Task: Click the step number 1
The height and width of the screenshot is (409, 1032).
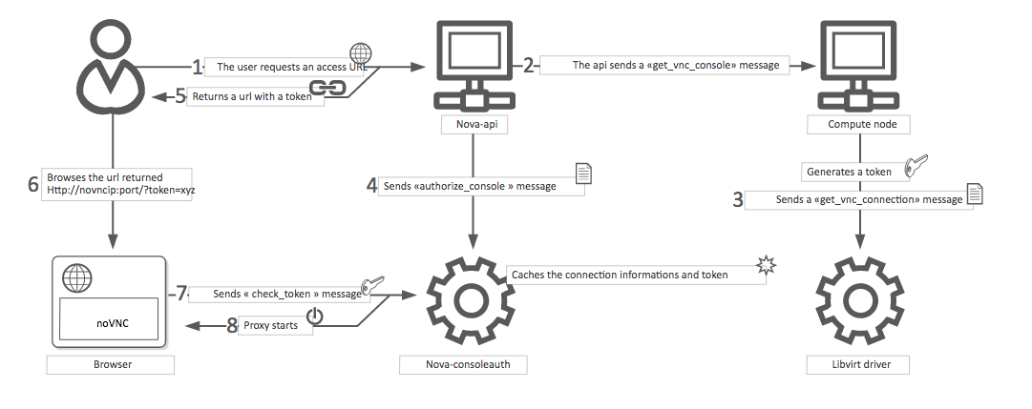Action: [198, 67]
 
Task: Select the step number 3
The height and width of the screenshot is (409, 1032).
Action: [736, 199]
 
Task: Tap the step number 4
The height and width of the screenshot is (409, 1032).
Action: [371, 186]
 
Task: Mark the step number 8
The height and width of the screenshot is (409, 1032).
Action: [230, 325]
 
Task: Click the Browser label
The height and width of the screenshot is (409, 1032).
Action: [110, 364]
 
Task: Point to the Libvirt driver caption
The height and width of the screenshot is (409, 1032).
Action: [862, 364]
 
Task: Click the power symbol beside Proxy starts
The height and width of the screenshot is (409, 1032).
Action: [315, 317]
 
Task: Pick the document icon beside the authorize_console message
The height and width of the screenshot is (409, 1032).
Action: [582, 173]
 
